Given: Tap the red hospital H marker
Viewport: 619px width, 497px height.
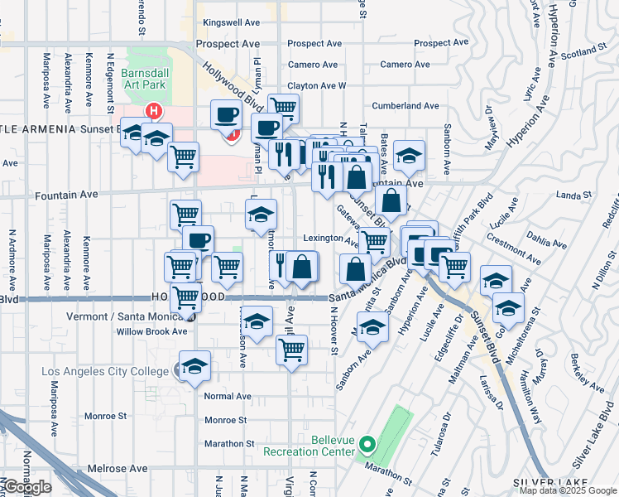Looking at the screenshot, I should click(153, 110).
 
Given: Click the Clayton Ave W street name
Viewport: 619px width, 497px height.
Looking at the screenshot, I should click(316, 85).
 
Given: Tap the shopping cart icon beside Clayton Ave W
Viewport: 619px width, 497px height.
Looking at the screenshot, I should click(283, 108).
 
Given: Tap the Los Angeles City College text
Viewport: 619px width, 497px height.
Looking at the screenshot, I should click(105, 370).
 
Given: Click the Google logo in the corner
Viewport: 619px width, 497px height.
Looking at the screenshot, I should click(27, 487).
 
